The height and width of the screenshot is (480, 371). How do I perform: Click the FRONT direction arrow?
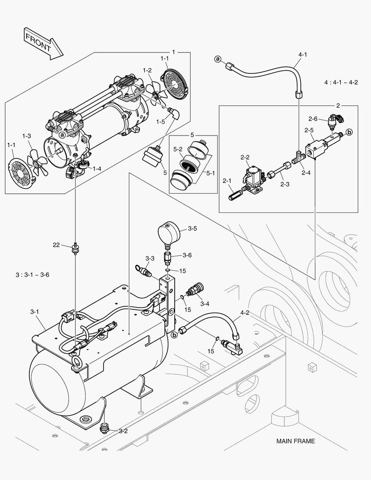click(x=44, y=43)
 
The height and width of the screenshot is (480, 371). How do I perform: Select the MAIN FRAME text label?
click(x=295, y=441)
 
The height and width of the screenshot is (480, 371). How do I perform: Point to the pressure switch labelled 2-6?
click(x=334, y=121)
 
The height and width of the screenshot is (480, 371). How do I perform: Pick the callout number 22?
click(x=56, y=245)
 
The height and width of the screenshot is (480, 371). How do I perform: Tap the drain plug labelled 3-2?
click(x=105, y=428)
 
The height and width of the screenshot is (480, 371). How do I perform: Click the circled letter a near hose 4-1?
click(x=218, y=59)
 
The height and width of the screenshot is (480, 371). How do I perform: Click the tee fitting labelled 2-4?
click(x=297, y=157)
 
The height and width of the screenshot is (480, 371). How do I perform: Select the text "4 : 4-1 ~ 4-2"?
click(x=341, y=82)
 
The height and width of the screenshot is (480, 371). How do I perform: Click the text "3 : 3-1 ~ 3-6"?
click(x=32, y=275)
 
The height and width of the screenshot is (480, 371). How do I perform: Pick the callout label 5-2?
click(x=178, y=149)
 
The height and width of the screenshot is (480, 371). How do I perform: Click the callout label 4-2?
click(x=244, y=313)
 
